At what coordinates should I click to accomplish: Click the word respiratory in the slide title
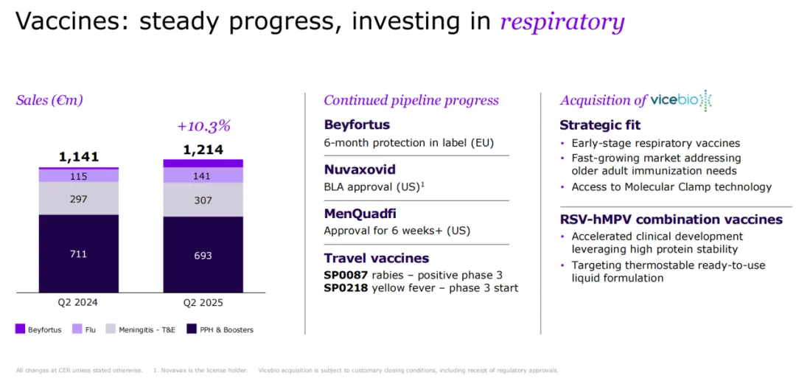pos(562,21)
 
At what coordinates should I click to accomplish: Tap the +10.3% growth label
pos(203,126)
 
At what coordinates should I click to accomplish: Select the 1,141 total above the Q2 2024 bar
pos(79,156)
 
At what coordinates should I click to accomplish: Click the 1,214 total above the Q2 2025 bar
pos(203,150)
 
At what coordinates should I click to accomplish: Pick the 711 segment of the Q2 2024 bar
pos(79,254)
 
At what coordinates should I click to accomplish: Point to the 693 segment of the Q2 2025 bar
pos(203,255)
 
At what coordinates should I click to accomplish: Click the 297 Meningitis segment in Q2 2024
pos(79,198)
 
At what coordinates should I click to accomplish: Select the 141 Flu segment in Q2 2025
pos(203,175)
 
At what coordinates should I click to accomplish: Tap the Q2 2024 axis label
pos(79,302)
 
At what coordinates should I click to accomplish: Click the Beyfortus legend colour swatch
pos(20,329)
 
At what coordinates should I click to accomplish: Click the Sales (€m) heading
pos(49,100)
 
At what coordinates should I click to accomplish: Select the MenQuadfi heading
pos(360,214)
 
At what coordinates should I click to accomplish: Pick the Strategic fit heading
pos(600,125)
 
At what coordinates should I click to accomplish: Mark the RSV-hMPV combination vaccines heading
pos(671,219)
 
